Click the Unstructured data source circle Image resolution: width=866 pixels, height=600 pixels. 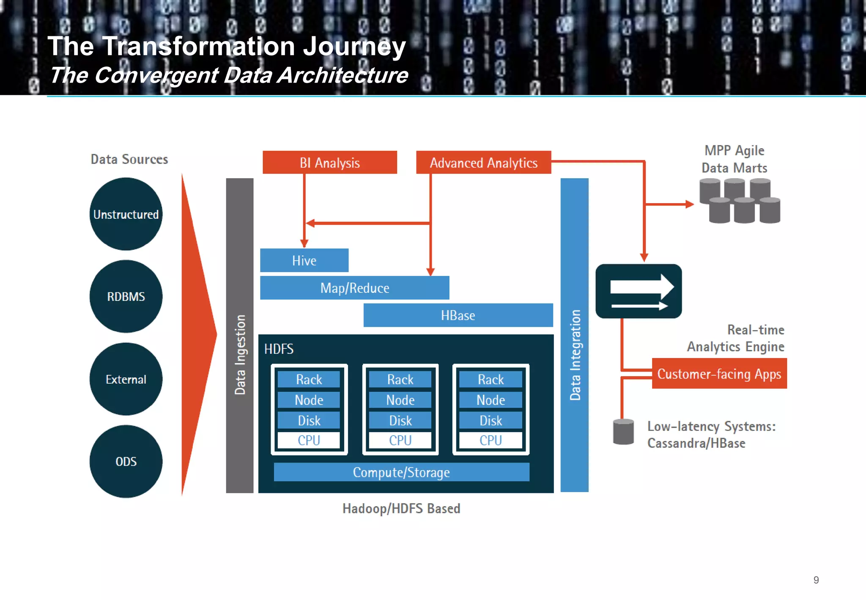point(126,214)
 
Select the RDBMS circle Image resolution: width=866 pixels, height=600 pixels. point(126,296)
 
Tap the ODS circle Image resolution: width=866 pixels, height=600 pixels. point(126,461)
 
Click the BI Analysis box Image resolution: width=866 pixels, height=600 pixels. point(330,162)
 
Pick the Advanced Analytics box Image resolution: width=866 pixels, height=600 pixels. point(483,162)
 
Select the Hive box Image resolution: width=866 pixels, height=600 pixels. point(304,260)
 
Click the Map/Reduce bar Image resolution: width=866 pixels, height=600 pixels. point(354,288)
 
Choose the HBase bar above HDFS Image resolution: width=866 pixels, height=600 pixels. point(458,315)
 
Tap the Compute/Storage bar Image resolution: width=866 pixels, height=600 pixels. point(401,472)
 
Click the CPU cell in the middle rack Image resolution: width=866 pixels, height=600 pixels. point(400,440)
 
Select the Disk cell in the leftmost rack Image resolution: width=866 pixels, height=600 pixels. point(309,420)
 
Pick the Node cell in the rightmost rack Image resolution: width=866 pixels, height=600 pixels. point(491,399)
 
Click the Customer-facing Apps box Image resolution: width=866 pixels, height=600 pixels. point(719,374)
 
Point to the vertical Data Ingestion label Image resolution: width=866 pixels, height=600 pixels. point(240,355)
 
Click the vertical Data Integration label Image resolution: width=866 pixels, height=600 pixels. point(575,355)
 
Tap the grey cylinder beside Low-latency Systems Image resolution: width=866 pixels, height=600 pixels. point(623,432)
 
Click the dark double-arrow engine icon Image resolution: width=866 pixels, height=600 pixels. point(639,291)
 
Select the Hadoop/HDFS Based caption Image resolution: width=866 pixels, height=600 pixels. point(401,508)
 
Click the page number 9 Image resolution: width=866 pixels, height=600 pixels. point(816,580)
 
